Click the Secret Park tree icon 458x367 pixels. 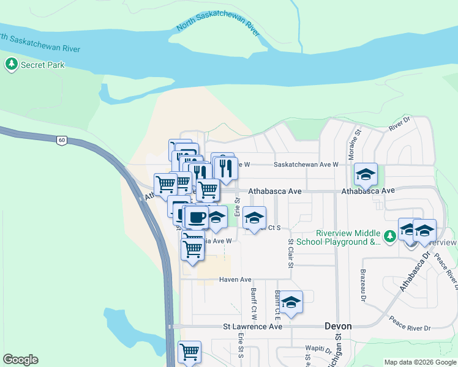pyautogui.click(x=11, y=64)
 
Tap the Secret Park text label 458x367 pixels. pyautogui.click(x=43, y=64)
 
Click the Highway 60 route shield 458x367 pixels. pyautogui.click(x=61, y=140)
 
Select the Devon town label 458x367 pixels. pyautogui.click(x=338, y=326)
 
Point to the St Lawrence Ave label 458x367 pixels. pyautogui.click(x=252, y=327)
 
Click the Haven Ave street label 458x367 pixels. pyautogui.click(x=236, y=280)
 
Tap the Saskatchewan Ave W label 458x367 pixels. pyautogui.click(x=306, y=165)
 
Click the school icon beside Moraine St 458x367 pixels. pyautogui.click(x=366, y=174)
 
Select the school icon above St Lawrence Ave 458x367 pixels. pyautogui.click(x=291, y=302)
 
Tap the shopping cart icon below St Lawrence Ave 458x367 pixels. pyautogui.click(x=190, y=352)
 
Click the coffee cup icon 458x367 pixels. pyautogui.click(x=197, y=217)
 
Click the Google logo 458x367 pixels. pyautogui.click(x=20, y=360)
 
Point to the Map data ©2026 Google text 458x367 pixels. pyautogui.click(x=420, y=362)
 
